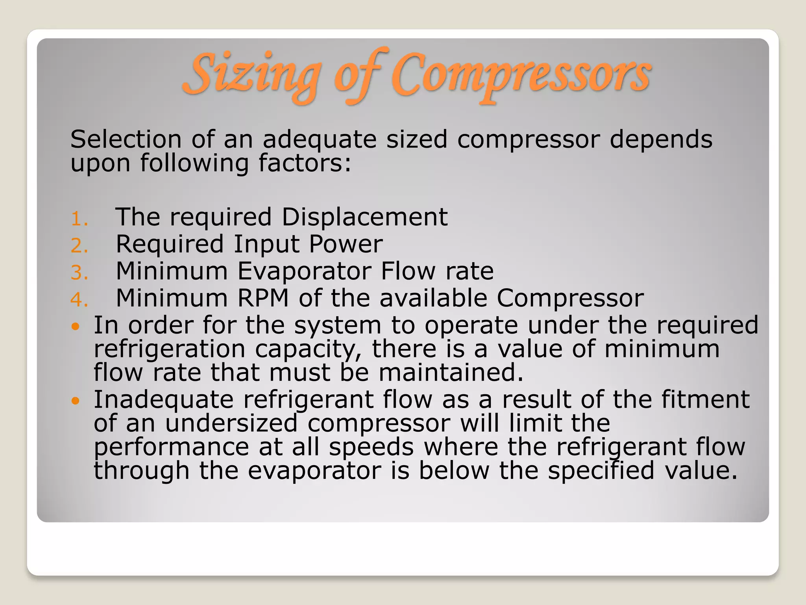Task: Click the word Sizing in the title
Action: point(252,75)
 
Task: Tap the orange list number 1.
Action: point(79,219)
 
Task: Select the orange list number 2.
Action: point(79,246)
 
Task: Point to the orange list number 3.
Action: point(79,273)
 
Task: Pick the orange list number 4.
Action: point(79,300)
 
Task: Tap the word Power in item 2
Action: point(346,244)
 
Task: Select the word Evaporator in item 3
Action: point(305,271)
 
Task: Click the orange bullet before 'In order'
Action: point(76,327)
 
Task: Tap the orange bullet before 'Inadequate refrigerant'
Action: point(76,401)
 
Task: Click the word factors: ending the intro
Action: point(305,163)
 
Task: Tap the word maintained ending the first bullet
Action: point(451,373)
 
